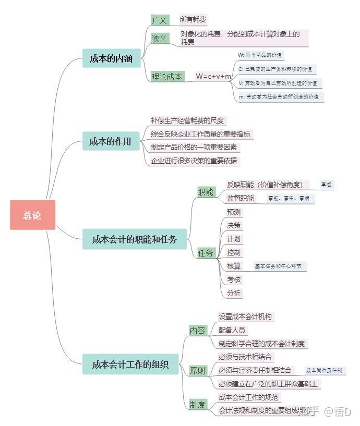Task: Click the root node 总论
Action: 32,215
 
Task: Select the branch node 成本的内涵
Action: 111,59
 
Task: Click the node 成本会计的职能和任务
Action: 134,240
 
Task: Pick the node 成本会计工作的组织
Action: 130,364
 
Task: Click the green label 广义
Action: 160,20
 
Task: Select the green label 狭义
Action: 160,38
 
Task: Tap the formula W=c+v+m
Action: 213,76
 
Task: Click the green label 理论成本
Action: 167,76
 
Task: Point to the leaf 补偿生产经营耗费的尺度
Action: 187,120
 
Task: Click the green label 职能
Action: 206,192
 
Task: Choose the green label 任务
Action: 206,253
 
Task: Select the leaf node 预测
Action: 234,212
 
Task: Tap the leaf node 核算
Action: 234,266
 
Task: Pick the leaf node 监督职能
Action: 241,198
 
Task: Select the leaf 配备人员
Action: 232,330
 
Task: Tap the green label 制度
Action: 197,405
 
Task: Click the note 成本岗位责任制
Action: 324,370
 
